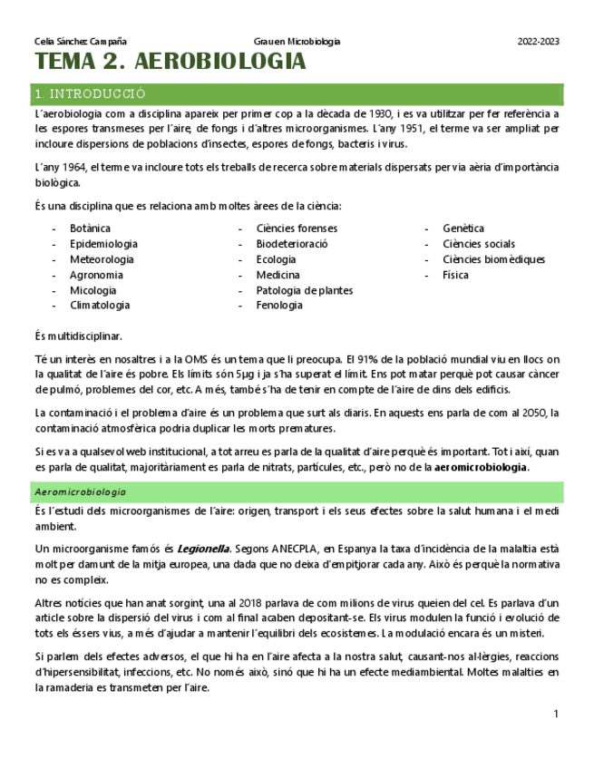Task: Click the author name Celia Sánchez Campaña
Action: (x=80, y=42)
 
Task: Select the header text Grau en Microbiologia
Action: (x=297, y=42)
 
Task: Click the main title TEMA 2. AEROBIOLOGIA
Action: (x=170, y=63)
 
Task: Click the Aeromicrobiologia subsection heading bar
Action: (x=81, y=492)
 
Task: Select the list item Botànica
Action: (x=90, y=229)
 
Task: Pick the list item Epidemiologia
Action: (x=103, y=244)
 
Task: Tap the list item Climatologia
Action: (x=100, y=306)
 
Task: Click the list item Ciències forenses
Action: (x=297, y=229)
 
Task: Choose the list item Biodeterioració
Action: (x=292, y=244)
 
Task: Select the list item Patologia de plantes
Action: (x=305, y=290)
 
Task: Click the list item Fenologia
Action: (x=279, y=306)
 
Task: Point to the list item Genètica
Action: (x=463, y=229)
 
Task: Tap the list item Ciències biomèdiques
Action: (x=493, y=259)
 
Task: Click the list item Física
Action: (x=455, y=275)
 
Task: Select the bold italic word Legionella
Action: (x=203, y=549)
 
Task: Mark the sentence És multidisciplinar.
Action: (x=78, y=336)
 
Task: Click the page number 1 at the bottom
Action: (x=556, y=715)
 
